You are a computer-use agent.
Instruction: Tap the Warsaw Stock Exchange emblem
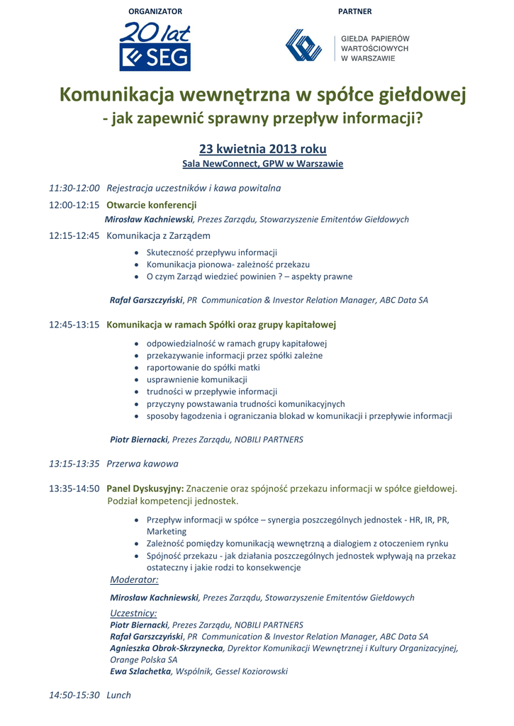[303, 45]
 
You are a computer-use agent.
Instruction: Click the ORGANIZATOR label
[155, 11]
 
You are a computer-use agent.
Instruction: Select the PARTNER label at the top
[354, 11]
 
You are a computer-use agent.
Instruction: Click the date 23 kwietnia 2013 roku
[262, 149]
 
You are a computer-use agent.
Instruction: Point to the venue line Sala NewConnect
[262, 164]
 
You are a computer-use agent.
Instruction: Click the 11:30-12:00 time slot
[74, 188]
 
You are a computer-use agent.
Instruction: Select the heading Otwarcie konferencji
[151, 205]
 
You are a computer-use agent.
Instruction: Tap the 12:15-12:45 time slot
[74, 235]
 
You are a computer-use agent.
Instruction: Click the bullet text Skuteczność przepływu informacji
[211, 252]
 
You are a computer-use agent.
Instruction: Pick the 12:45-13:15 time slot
[74, 325]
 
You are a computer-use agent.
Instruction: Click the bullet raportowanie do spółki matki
[203, 368]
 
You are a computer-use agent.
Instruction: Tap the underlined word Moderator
[134, 579]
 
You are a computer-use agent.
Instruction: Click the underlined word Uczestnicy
[133, 613]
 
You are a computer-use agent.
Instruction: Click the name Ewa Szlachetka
[140, 671]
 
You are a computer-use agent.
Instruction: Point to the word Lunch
[118, 695]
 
